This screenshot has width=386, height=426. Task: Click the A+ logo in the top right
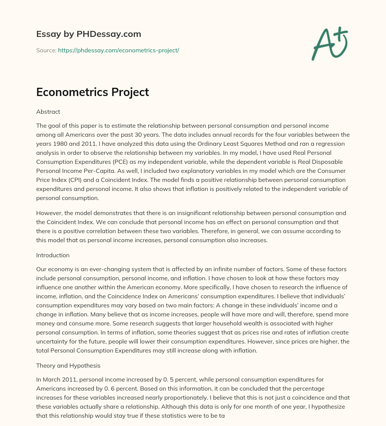coord(329,43)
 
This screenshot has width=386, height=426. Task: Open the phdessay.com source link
coord(118,50)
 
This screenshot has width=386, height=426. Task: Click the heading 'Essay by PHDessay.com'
coord(89,34)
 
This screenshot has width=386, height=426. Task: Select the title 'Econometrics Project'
coord(92,92)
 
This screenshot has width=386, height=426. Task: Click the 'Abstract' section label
coord(48,111)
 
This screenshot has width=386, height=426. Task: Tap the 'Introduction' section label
coord(53,255)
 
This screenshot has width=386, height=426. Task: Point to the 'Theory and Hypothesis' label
coord(68,365)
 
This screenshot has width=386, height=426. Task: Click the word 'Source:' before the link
coord(46,50)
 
